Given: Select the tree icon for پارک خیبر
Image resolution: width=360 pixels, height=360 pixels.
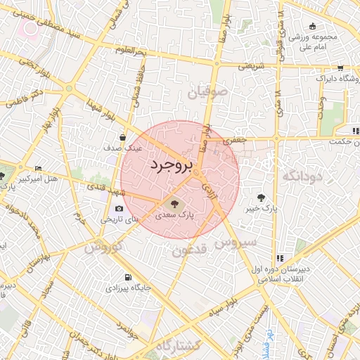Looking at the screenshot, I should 262,198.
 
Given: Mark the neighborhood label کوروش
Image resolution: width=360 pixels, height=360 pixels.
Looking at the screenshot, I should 103,247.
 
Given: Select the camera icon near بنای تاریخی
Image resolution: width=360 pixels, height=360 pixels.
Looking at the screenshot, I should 119,208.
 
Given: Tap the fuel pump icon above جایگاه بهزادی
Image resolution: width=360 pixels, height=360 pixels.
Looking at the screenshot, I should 127,277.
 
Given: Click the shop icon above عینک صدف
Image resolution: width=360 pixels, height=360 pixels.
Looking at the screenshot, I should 124,137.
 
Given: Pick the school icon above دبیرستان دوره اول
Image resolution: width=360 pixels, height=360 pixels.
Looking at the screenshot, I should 281,258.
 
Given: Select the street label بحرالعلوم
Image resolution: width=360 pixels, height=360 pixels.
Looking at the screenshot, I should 131,53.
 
